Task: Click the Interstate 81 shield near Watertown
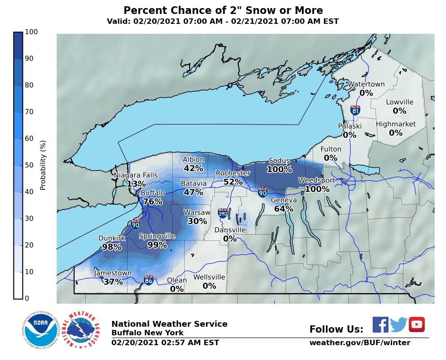point(355,110)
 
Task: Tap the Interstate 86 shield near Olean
point(149,280)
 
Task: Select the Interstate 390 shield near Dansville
point(222,213)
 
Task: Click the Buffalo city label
point(153,193)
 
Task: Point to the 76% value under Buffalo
point(153,202)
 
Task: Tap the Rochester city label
point(233,173)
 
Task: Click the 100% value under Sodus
point(279,169)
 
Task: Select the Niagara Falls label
point(136,175)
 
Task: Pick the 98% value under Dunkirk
point(112,247)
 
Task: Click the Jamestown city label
point(113,273)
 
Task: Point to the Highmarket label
point(396,124)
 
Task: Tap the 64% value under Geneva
point(284,209)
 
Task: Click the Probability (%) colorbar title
point(43,165)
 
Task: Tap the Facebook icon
point(380,324)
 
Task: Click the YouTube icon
point(416,324)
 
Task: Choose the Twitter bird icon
point(398,324)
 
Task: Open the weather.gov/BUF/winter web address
point(359,343)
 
